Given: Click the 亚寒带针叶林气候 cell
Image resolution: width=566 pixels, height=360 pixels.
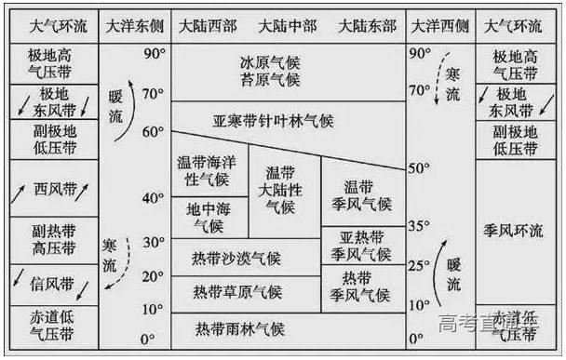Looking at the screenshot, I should tap(273, 121).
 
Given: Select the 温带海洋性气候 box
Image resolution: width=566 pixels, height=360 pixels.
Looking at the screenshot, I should tap(202, 169).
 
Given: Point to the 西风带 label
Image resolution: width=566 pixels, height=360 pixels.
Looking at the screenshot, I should tap(54, 189).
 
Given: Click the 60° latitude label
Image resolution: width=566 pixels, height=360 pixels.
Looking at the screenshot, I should tap(153, 132).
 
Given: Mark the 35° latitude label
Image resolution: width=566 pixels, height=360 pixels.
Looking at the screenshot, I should tap(420, 224).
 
